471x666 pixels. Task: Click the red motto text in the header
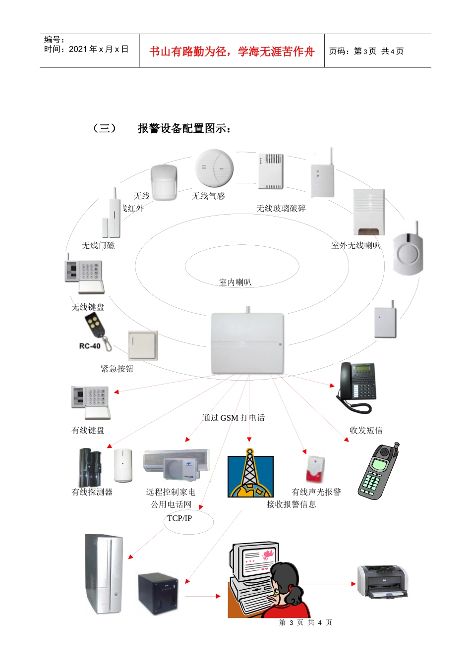tap(232, 52)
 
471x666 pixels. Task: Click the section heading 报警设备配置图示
tap(184, 128)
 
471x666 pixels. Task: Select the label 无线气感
tap(208, 196)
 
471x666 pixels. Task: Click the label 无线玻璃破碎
tap(281, 209)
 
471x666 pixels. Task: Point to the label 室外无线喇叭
tap(355, 245)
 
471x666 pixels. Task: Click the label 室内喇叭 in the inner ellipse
tap(235, 282)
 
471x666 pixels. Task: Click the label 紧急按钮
tap(117, 369)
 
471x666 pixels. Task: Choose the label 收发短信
tap(366, 430)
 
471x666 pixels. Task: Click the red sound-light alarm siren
tap(315, 469)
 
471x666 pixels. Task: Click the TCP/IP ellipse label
tap(180, 518)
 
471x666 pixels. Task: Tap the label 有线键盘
tap(88, 430)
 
